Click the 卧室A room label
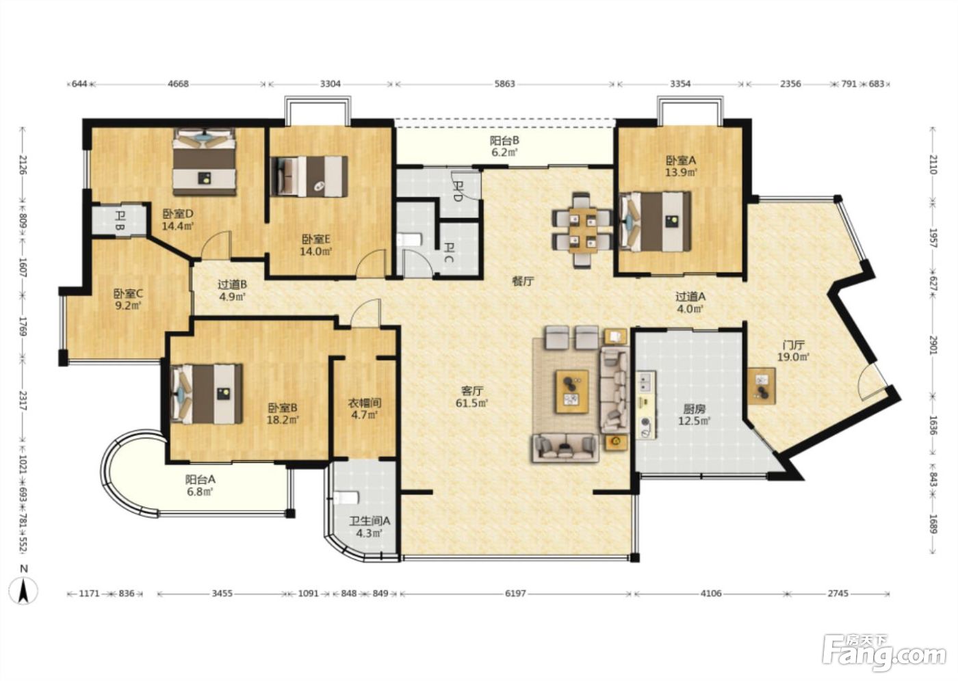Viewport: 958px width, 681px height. point(681,160)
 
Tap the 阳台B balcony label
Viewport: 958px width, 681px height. point(505,140)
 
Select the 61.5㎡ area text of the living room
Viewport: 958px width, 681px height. point(472,403)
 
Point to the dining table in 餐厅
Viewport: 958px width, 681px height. point(582,230)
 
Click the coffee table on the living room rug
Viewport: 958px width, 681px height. point(572,392)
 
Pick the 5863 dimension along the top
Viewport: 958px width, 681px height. point(505,83)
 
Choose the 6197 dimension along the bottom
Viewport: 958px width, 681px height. point(515,593)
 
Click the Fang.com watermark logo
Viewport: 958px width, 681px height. point(883,656)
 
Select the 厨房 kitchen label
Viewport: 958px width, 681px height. point(694,410)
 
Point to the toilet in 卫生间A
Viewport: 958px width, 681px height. point(345,498)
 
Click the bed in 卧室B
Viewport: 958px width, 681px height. point(207,394)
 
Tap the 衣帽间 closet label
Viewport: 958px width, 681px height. point(364,403)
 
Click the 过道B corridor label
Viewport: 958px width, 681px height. point(232,284)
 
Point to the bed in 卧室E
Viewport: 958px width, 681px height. point(309,176)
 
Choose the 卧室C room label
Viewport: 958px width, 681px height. point(128,293)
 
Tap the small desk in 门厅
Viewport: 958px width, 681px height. point(761,386)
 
